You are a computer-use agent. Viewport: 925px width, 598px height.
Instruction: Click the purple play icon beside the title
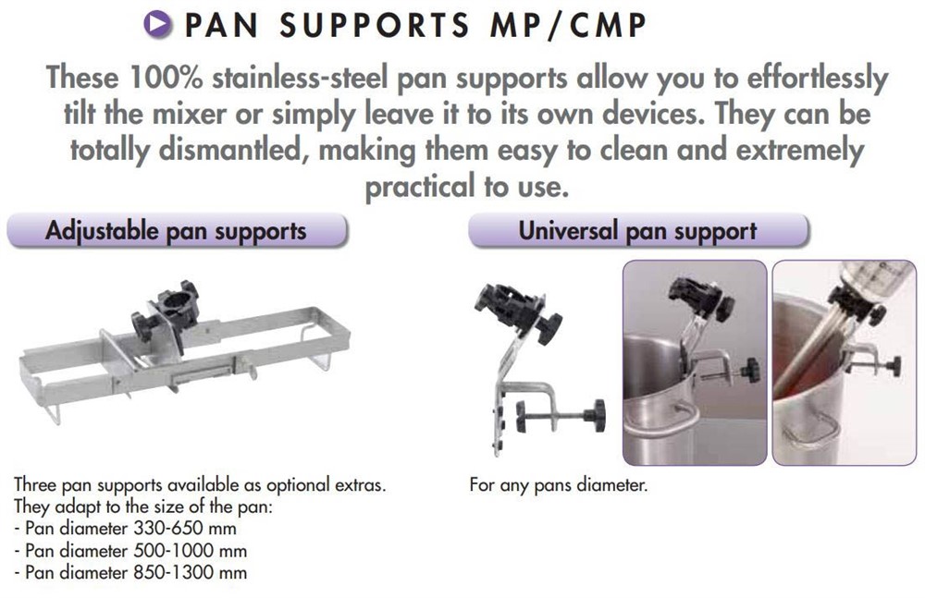[158, 24]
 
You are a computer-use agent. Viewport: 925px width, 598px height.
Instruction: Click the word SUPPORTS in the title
[374, 26]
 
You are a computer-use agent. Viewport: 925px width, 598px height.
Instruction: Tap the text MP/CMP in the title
[568, 26]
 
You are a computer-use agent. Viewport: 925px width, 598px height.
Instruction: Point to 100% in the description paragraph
[166, 78]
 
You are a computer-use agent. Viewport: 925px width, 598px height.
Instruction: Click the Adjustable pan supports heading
[176, 230]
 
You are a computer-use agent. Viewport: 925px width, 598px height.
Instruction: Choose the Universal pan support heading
[637, 230]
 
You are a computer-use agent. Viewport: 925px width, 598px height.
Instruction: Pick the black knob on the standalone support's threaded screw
[595, 415]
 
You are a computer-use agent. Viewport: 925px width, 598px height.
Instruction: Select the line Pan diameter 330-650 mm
[126, 528]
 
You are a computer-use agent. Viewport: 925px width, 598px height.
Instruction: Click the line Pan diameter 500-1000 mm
[130, 550]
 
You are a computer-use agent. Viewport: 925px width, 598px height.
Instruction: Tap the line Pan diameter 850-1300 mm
[130, 572]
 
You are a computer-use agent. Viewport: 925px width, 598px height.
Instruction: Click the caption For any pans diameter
[558, 485]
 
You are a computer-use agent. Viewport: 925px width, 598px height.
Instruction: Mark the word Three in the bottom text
[35, 484]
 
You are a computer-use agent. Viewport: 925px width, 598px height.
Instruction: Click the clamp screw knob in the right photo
[894, 366]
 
